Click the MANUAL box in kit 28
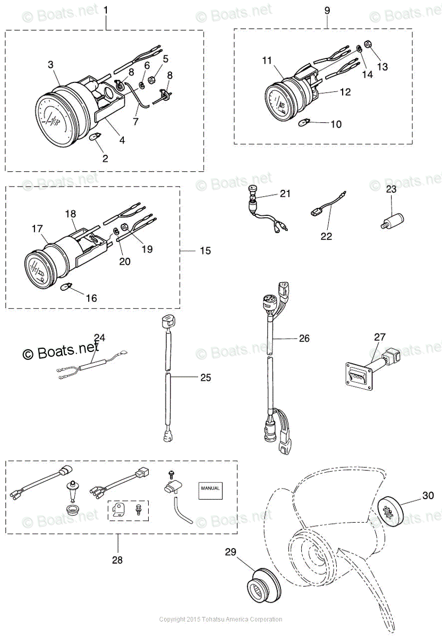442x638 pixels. click(209, 488)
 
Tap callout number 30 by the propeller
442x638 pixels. click(428, 496)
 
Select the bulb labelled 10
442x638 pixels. click(307, 124)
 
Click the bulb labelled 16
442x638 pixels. click(66, 288)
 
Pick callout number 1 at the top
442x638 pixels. click(105, 10)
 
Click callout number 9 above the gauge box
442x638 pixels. click(327, 10)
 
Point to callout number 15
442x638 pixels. click(205, 250)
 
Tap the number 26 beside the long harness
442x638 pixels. click(304, 338)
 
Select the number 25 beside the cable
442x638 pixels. click(205, 377)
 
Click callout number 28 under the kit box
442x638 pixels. click(117, 560)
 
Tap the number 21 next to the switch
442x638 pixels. click(285, 194)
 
